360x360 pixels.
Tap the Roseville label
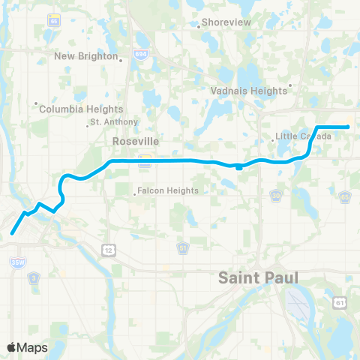coord(132,140)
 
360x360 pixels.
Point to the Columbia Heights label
coord(71,109)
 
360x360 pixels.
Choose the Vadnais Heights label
coord(250,90)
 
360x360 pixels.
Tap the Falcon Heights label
coord(168,190)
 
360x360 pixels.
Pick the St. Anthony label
coord(114,121)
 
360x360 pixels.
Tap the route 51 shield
coord(183,247)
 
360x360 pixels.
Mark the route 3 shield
coord(32,277)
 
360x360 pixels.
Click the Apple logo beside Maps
coord(12,347)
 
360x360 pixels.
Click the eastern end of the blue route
coord(348,127)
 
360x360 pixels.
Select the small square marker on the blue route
coord(238,167)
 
